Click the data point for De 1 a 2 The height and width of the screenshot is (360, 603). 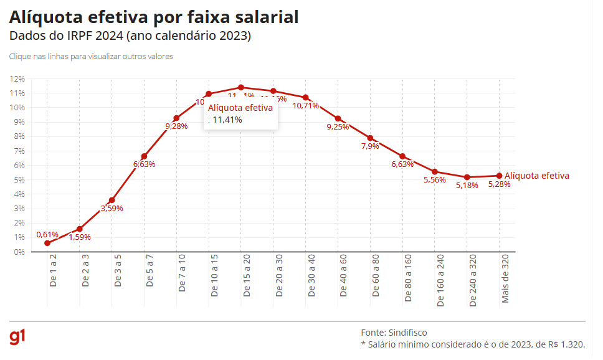coord(47,243)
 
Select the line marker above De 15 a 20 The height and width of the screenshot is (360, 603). coord(241,88)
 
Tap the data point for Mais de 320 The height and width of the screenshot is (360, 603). coord(500,176)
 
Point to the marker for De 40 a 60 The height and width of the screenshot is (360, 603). coord(338,118)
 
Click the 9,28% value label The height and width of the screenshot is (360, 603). coord(176,126)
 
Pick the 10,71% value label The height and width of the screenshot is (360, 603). coord(306,106)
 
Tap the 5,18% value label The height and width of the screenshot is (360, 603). coord(467,186)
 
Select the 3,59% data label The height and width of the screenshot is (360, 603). coord(112,209)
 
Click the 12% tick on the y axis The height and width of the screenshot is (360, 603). coord(17,78)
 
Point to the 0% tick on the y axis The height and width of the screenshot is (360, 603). coord(19,252)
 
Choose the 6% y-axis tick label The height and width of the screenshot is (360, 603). coord(19,165)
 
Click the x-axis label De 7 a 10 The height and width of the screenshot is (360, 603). coord(182,273)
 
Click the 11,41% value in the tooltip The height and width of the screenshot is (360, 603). coord(227,120)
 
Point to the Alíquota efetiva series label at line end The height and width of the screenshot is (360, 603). coord(536,176)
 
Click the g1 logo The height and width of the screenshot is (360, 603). coord(17,337)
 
